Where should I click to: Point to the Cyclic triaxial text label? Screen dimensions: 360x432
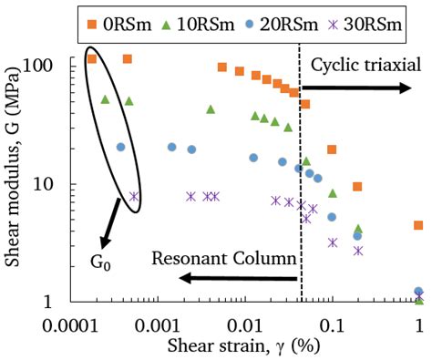(x=365, y=65)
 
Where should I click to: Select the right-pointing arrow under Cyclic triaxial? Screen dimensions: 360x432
(x=355, y=87)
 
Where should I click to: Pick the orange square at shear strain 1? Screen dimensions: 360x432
(x=418, y=225)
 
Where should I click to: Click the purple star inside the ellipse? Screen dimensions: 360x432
(x=134, y=196)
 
